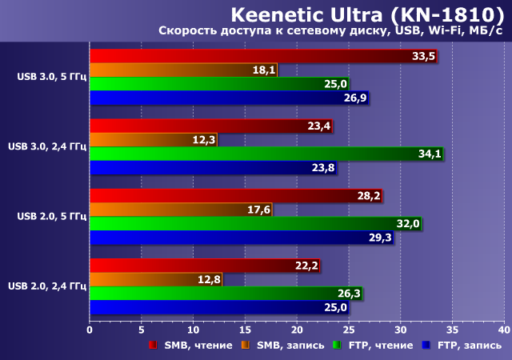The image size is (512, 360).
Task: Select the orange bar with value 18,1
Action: [x=183, y=70]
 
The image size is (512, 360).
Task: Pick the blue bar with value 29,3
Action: [x=241, y=238]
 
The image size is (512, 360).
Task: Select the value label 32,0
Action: [x=408, y=224]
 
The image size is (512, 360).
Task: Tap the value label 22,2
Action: [x=306, y=266]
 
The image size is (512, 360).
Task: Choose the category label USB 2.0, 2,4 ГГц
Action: [x=46, y=286]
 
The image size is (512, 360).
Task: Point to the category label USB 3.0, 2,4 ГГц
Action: [x=46, y=146]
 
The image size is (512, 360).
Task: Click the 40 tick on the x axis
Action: [x=503, y=330]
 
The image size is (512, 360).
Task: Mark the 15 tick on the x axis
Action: [x=245, y=330]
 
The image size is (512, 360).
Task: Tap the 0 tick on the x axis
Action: [x=90, y=330]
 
